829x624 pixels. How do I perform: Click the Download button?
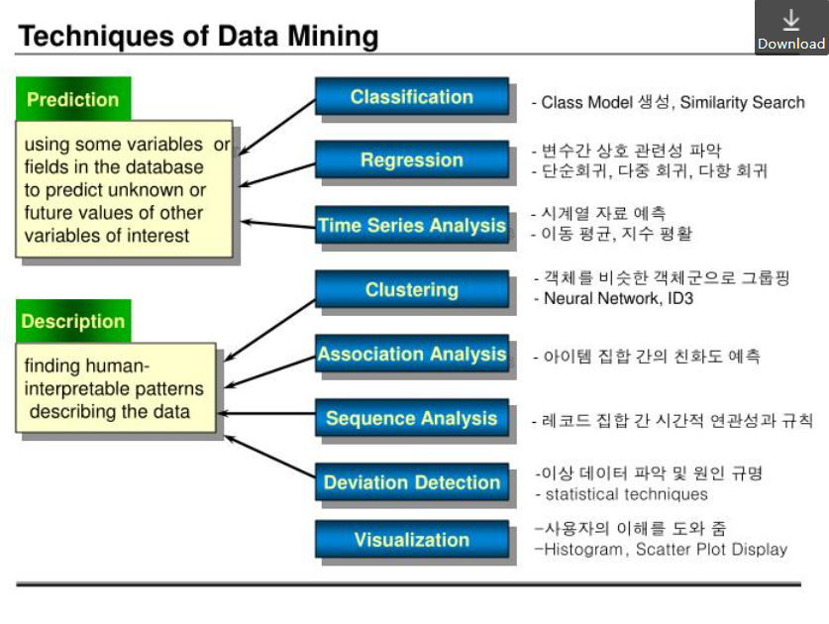click(790, 28)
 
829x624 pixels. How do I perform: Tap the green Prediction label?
click(72, 99)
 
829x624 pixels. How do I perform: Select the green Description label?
click(72, 321)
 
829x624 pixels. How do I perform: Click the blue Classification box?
click(411, 97)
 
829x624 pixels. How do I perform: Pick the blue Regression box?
click(411, 160)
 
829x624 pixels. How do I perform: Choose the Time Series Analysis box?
click(411, 226)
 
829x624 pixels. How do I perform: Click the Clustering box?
click(411, 290)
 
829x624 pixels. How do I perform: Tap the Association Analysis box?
click(411, 355)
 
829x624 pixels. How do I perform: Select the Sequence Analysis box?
click(411, 419)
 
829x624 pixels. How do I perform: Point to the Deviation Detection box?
click(411, 483)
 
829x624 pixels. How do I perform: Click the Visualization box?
click(411, 540)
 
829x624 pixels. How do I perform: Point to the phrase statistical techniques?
click(627, 494)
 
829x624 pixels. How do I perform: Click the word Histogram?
click(585, 550)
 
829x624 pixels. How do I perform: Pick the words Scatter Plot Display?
click(711, 550)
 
